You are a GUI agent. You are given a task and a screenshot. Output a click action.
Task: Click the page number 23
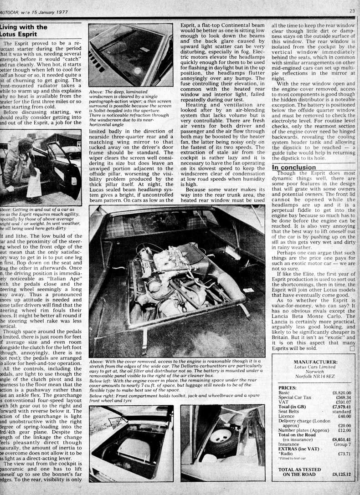click(352, 10)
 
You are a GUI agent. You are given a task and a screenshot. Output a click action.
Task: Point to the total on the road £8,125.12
click(342, 474)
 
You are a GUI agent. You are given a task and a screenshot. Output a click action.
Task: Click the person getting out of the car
click(21, 164)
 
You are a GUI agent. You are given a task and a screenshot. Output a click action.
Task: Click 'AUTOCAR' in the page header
click(12, 11)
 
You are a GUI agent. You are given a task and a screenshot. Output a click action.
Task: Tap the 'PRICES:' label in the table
click(289, 387)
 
